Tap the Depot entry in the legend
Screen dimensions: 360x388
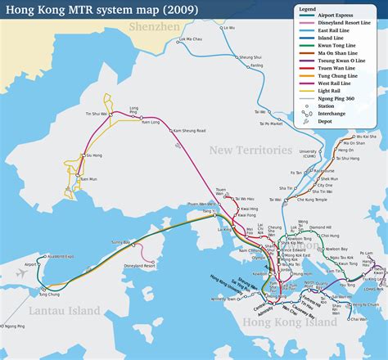[331, 120]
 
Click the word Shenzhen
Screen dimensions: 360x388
[155, 27]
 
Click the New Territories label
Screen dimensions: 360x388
[250, 150]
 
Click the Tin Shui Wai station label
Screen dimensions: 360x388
[98, 114]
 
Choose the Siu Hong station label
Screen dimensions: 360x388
[93, 155]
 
